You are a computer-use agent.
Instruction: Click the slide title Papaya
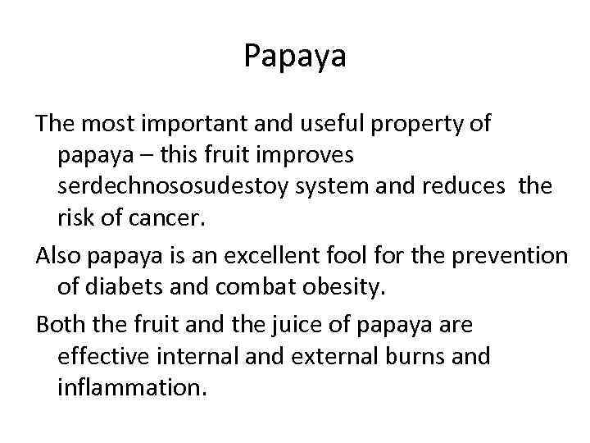295,57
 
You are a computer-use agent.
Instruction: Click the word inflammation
129,388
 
